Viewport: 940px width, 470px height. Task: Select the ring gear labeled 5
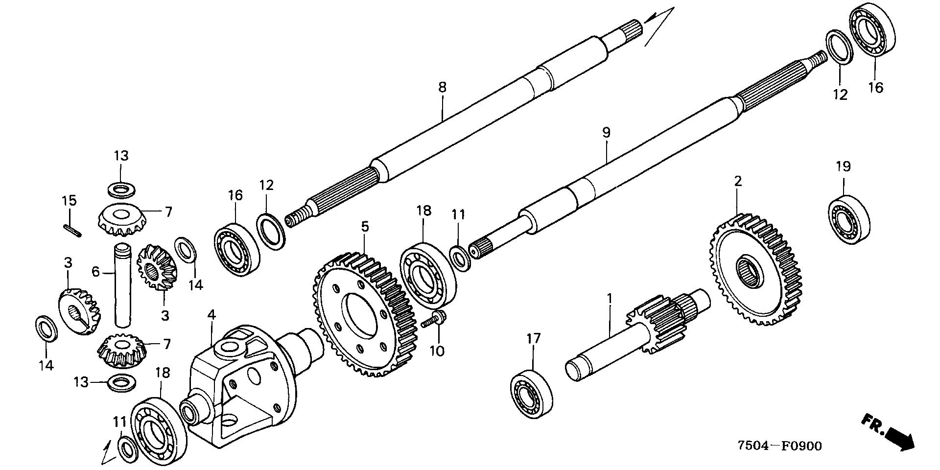click(364, 315)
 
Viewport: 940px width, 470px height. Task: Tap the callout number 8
click(442, 88)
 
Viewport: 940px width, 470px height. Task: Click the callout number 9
click(606, 132)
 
